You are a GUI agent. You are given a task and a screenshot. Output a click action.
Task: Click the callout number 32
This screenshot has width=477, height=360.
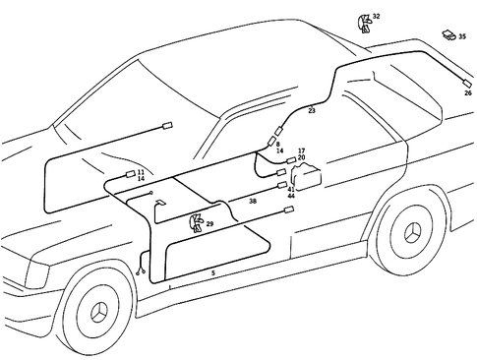pyautogui.click(x=376, y=17)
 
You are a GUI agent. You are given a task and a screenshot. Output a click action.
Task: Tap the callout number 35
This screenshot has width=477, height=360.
pyautogui.click(x=462, y=36)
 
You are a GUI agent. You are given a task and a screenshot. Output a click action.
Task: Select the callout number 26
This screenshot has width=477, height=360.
pyautogui.click(x=467, y=93)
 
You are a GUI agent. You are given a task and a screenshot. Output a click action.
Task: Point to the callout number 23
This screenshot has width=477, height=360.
pyautogui.click(x=312, y=111)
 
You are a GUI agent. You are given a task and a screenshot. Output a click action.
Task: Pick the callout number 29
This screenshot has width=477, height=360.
pyautogui.click(x=209, y=225)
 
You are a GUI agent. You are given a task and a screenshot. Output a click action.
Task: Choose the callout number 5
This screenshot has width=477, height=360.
pyautogui.click(x=212, y=272)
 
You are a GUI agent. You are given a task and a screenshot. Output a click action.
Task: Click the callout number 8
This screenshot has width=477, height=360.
pyautogui.click(x=278, y=145)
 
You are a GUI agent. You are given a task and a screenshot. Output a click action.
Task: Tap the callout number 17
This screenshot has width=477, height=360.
pyautogui.click(x=301, y=150)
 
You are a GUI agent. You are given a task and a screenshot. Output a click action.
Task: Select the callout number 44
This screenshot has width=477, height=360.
pyautogui.click(x=291, y=196)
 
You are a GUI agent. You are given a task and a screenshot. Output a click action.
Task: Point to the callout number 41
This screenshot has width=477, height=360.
pyautogui.click(x=291, y=188)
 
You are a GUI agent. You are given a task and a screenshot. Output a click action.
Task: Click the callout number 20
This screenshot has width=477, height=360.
pyautogui.click(x=301, y=157)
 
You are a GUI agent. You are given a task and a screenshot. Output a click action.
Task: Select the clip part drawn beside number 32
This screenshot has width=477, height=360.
pyautogui.click(x=363, y=22)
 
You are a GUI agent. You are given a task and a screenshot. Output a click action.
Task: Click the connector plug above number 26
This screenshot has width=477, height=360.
pyautogui.click(x=466, y=83)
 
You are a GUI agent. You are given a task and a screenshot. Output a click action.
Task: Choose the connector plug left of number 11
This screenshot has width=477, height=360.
pyautogui.click(x=128, y=175)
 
